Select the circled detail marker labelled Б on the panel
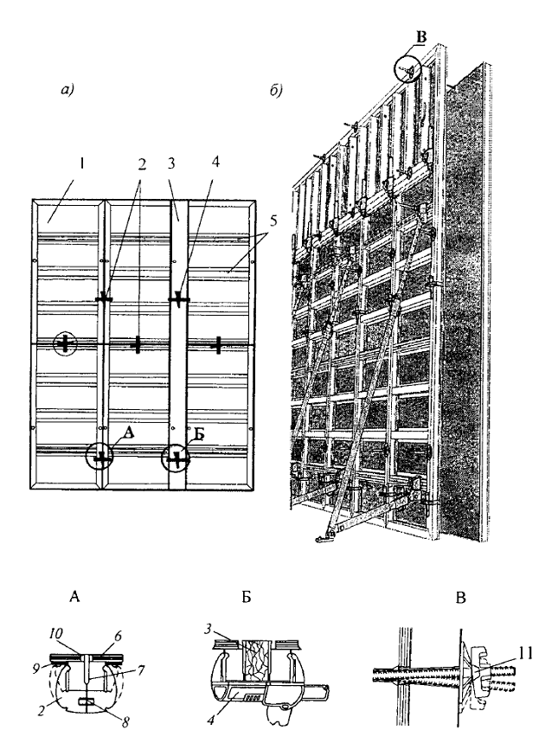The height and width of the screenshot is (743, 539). (x=177, y=458)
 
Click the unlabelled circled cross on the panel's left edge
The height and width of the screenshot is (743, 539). (x=63, y=343)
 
